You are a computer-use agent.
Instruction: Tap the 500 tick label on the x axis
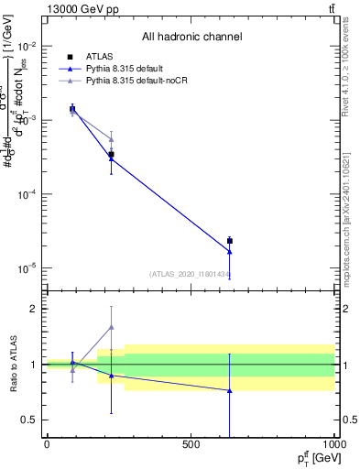(191, 444)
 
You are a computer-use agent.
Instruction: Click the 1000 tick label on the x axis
(333, 444)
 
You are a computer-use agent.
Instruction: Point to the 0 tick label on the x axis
(47, 444)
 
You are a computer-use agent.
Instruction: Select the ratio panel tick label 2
(34, 309)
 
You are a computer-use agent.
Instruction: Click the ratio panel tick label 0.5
(29, 420)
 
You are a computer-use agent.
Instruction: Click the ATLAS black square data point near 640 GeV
(230, 241)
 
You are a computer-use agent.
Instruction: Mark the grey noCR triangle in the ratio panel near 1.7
(111, 327)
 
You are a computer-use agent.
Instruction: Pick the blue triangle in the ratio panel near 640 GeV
(230, 390)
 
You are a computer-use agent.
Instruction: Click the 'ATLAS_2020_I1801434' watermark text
(190, 275)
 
